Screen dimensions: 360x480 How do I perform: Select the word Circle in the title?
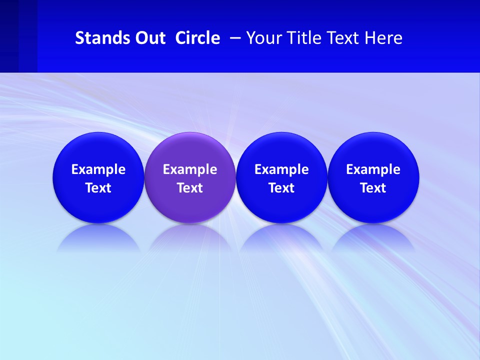(197, 38)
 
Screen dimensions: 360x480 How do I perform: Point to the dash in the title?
(235, 38)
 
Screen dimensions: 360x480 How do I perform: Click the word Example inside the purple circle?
(190, 169)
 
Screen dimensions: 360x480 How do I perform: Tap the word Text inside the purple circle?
(190, 188)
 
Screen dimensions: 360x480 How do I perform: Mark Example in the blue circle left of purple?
(98, 169)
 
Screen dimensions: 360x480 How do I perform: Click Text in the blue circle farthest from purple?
(373, 188)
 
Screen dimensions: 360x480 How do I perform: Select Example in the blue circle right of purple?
(281, 169)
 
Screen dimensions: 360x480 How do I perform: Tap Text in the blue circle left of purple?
(98, 188)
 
